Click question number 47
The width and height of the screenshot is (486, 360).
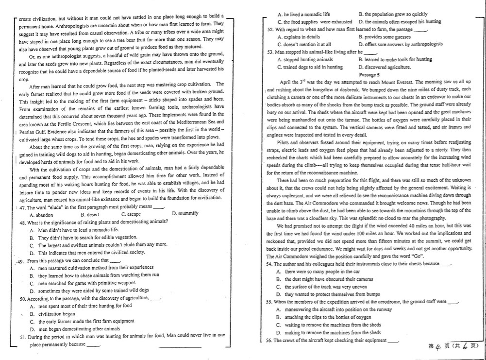[x=23, y=207]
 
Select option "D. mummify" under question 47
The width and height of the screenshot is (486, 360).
[x=185, y=214]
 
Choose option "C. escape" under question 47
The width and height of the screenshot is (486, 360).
[x=131, y=214]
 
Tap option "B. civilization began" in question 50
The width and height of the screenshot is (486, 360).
[x=53, y=314]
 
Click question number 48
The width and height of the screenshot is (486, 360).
[x=23, y=222]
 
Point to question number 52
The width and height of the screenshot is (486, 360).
[x=271, y=30]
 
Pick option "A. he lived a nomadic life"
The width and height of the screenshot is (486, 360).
[x=303, y=15]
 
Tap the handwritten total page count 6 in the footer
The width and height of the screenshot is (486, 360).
[x=465, y=346]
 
